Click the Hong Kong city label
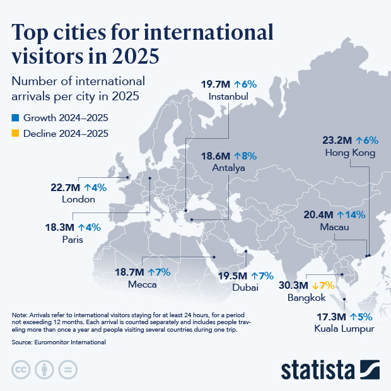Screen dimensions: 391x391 coord(350,153)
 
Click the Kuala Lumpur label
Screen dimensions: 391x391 coord(344,329)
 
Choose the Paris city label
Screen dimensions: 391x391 coord(73,240)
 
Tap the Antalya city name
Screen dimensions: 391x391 coord(228,168)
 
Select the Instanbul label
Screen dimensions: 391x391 coord(228,96)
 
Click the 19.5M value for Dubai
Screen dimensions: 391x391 coord(232,276)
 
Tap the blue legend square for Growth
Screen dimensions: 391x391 coord(16,118)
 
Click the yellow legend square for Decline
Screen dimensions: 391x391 coord(16,134)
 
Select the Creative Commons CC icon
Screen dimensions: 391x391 coord(21,370)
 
